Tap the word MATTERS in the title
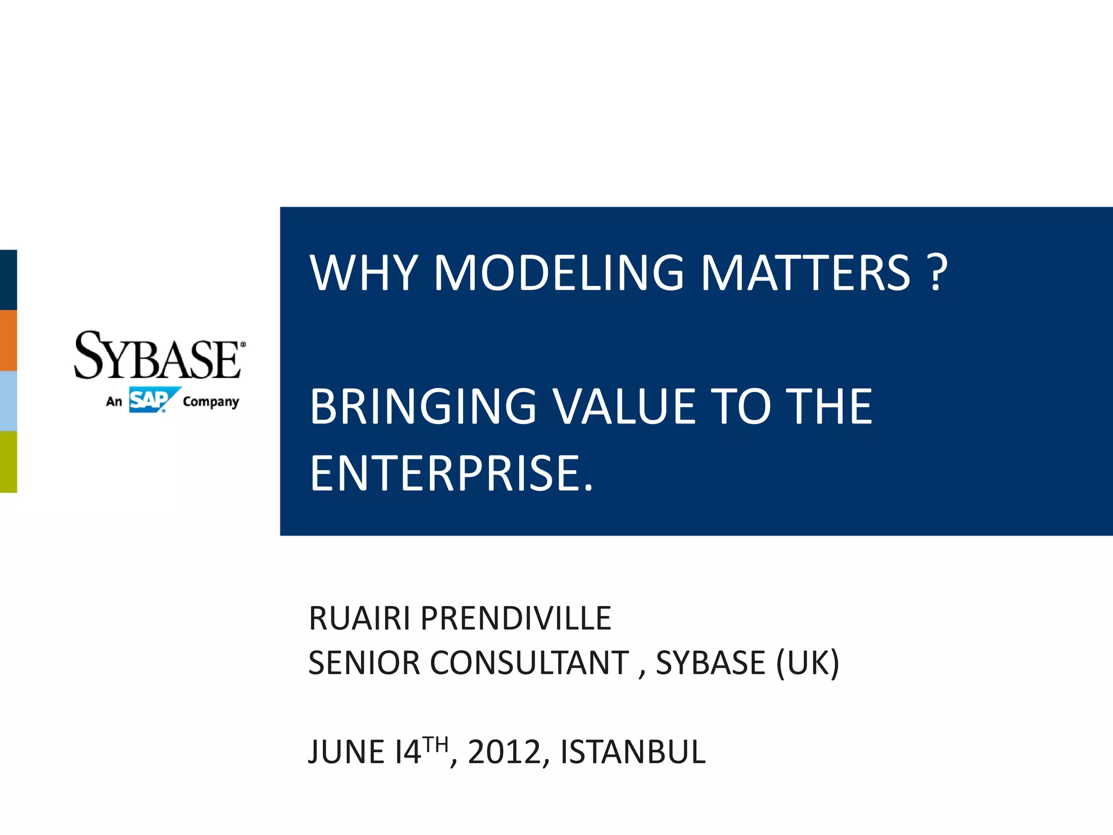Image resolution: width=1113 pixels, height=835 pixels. point(805,273)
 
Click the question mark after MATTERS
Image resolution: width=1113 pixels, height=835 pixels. point(937,273)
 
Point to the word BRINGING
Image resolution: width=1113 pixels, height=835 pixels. point(423,408)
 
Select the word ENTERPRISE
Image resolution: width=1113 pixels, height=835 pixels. point(451,474)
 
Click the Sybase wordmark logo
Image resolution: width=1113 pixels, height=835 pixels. point(158,356)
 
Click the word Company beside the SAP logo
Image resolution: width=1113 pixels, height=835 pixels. point(211,402)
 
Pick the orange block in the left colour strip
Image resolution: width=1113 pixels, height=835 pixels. point(8,340)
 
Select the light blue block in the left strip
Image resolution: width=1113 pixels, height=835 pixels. point(8,401)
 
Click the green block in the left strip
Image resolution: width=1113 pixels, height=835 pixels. point(8,462)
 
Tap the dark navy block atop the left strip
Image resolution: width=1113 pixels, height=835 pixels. point(8,279)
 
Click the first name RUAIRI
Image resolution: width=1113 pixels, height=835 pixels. point(359,619)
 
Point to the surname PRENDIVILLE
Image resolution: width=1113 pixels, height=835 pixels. point(516,619)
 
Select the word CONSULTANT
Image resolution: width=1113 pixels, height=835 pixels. point(529,663)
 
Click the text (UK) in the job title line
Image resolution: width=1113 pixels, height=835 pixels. point(808,663)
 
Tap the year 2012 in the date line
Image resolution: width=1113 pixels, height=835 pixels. point(504,752)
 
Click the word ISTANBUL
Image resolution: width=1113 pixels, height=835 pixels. point(633,752)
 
